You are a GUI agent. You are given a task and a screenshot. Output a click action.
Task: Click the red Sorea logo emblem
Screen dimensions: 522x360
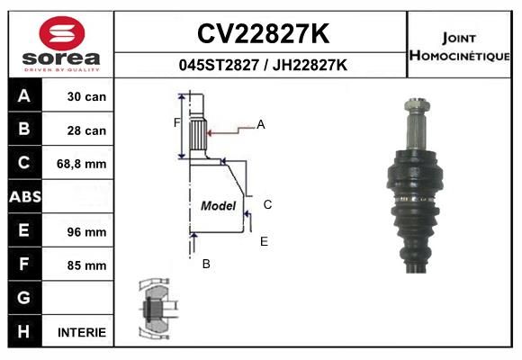pyautogui.click(x=62, y=33)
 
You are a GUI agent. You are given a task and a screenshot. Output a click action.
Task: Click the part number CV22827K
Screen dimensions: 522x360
pyautogui.click(x=263, y=33)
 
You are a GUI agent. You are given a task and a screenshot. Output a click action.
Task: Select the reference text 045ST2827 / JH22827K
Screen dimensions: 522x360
pyautogui.click(x=263, y=65)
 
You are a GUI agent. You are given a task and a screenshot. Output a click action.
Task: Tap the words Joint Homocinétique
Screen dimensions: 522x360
pyautogui.click(x=459, y=47)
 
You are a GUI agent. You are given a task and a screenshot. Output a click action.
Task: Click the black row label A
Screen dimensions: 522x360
pyautogui.click(x=24, y=95)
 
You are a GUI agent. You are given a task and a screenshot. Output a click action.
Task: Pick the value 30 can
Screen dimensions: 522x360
pyautogui.click(x=86, y=97)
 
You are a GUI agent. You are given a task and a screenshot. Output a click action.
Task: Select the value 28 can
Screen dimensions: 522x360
pyautogui.click(x=86, y=130)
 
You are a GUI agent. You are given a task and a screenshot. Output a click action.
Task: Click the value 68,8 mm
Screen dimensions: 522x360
pyautogui.click(x=82, y=164)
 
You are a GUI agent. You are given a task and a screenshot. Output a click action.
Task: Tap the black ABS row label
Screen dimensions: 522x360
pyautogui.click(x=25, y=197)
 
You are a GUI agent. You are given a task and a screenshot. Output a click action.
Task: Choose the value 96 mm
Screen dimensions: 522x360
pyautogui.click(x=86, y=232)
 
